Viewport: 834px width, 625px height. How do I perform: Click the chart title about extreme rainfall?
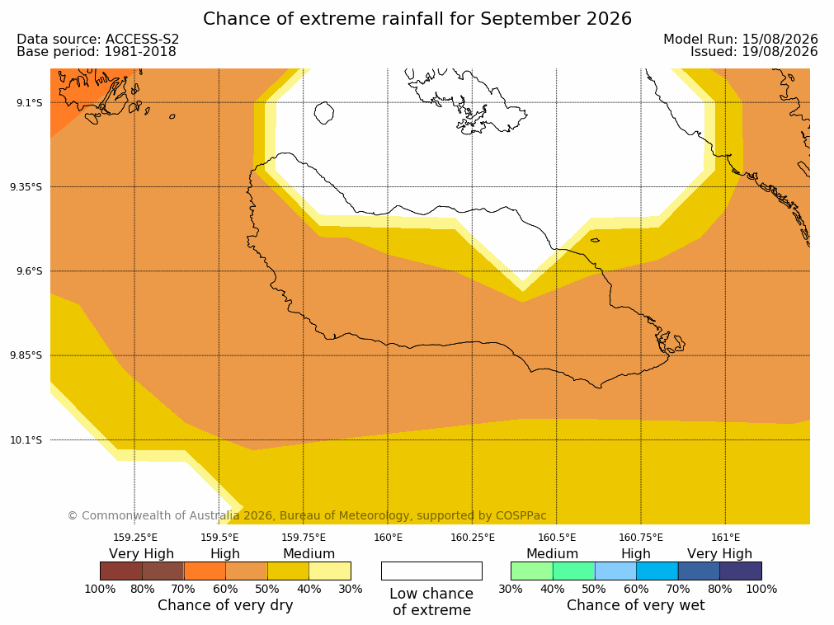coord(417,19)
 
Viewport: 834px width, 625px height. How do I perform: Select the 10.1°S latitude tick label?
coord(26,440)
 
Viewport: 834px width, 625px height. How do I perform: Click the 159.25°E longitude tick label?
coord(135,538)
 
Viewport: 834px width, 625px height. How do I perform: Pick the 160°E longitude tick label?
coord(389,538)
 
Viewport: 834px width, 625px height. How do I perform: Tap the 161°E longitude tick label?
coord(725,538)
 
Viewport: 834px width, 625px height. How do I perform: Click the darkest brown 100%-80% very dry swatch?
coord(121,571)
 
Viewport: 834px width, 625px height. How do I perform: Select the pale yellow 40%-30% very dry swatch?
coord(330,571)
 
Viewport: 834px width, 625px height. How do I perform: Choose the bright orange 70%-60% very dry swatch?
coord(205,571)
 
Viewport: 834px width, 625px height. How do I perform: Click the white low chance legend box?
coord(431,571)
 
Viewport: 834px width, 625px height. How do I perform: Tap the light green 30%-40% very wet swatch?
coord(532,571)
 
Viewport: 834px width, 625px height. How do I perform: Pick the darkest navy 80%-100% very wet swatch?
coord(741,571)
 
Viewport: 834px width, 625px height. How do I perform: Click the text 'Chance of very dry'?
coord(225,605)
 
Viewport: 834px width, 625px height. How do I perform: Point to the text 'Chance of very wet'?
coord(636,605)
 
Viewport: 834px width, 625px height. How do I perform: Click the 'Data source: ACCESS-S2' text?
coord(98,40)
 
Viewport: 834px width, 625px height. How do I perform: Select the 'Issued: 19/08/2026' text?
coord(754,52)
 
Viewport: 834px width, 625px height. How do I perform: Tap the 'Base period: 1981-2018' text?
coord(97,52)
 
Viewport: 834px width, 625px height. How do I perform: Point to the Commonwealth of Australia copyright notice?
coord(307,515)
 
